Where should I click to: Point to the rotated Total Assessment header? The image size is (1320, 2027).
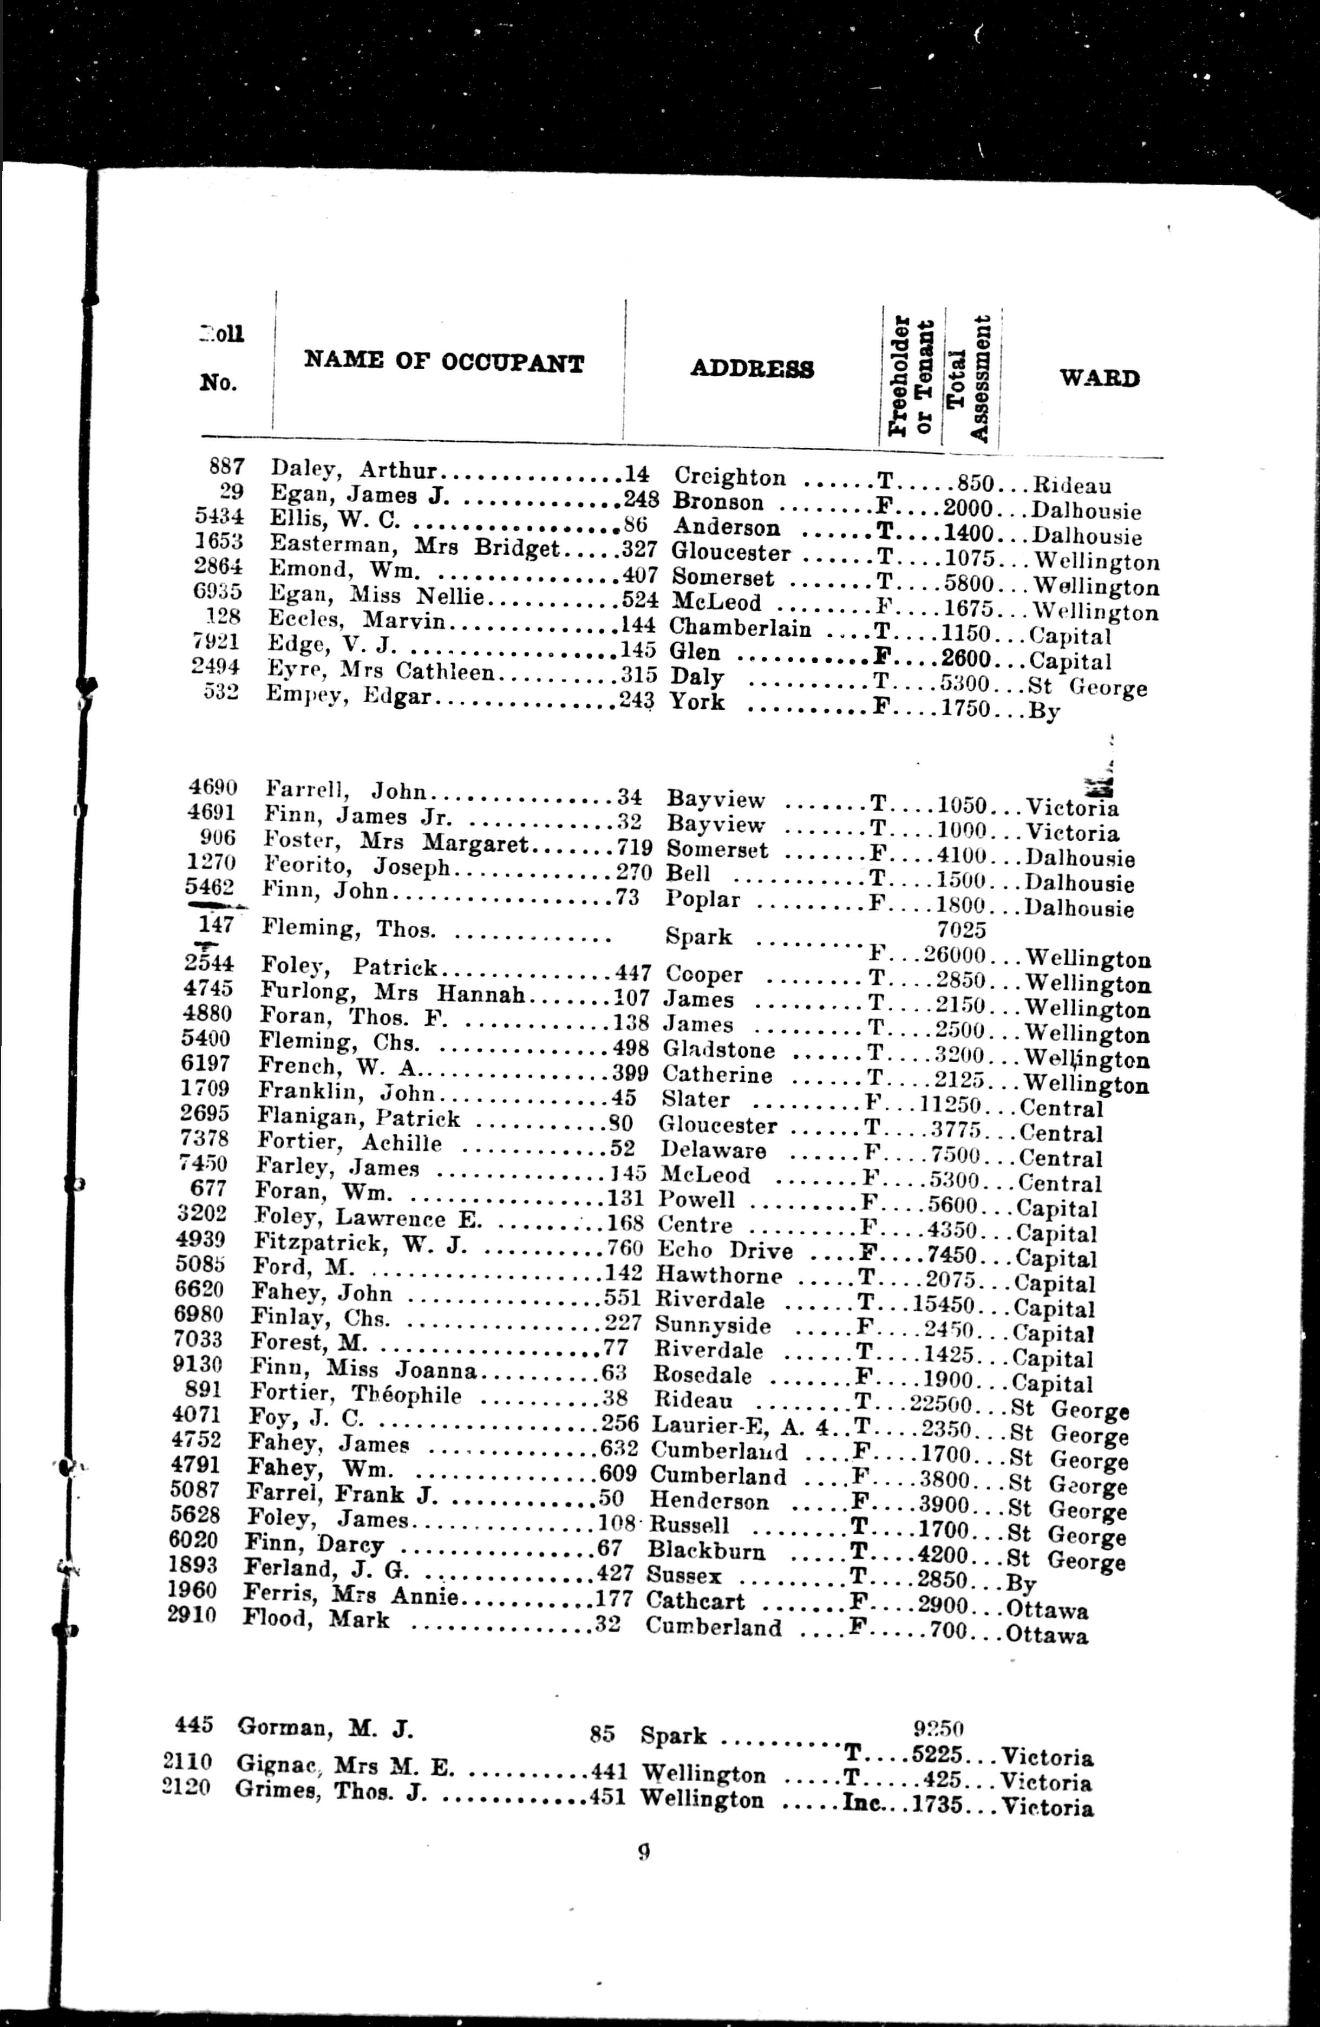(971, 379)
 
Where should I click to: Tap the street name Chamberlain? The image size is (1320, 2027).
(739, 630)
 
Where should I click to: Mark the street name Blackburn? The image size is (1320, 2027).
(706, 1552)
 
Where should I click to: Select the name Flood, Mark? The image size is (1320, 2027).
(316, 1618)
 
